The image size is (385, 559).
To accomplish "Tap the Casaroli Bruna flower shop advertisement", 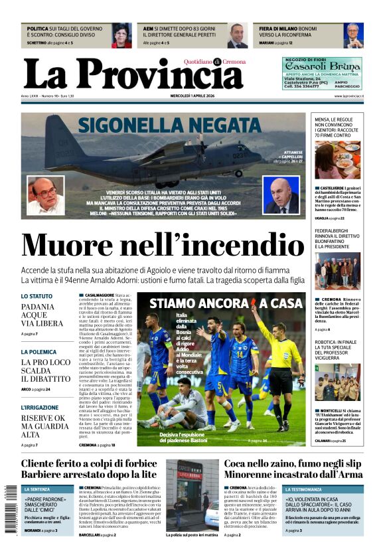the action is [x=322, y=73].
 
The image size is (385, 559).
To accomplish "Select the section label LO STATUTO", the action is [x=37, y=296].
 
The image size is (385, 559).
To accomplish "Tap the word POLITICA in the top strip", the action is [x=38, y=29].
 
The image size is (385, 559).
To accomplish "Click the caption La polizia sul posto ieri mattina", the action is [x=192, y=534].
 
